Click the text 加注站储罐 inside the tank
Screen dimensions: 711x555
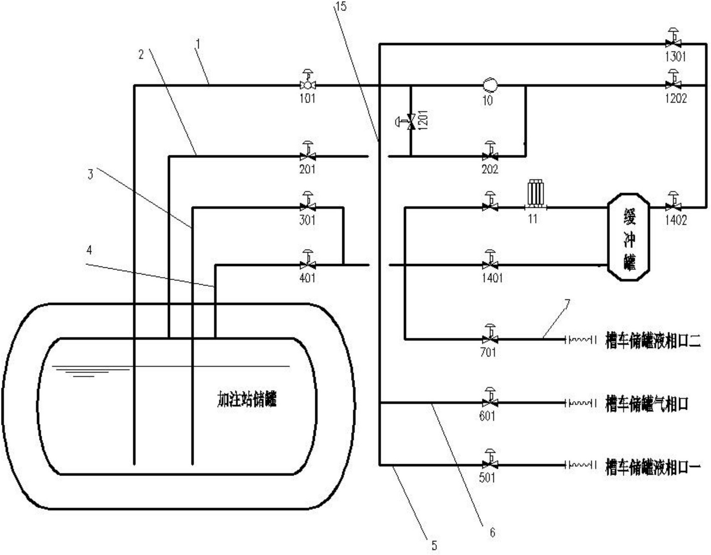(247, 399)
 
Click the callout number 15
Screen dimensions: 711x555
(340, 6)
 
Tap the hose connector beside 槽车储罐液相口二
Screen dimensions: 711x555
(580, 340)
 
